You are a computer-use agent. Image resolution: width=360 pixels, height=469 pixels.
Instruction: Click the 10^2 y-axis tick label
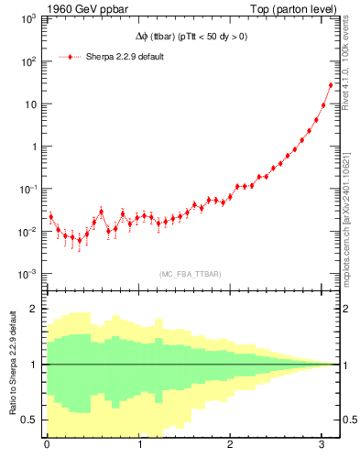pyautogui.click(x=29, y=61)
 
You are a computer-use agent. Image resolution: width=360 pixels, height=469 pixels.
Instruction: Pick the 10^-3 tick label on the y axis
pyautogui.click(x=27, y=274)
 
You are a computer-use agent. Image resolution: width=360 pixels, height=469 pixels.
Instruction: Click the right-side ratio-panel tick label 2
pyautogui.click(x=347, y=309)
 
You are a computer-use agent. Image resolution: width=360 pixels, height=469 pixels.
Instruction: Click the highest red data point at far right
pyautogui.click(x=331, y=85)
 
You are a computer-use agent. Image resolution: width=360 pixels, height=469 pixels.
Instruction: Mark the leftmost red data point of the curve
pyautogui.click(x=50, y=217)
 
